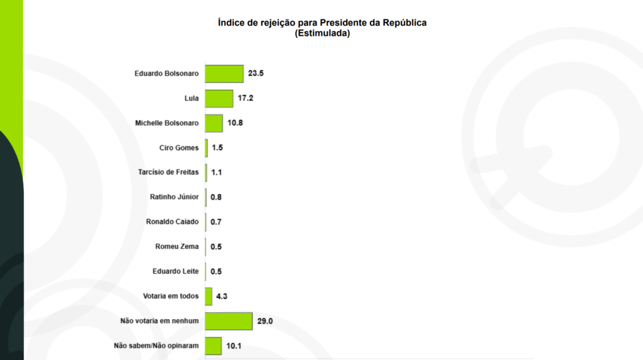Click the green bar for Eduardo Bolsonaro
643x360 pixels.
[224, 74]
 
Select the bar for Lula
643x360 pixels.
[219, 99]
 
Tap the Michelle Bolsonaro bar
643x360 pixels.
[214, 123]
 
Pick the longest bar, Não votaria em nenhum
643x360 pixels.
[229, 321]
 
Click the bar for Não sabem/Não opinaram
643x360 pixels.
[213, 346]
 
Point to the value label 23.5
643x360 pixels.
[256, 74]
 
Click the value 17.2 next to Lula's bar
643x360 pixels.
[246, 99]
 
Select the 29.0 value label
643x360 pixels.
[264, 321]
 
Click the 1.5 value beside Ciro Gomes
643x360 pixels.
[217, 148]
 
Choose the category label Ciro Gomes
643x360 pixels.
[179, 148]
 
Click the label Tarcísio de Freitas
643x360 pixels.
[168, 173]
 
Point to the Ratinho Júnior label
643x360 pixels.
[174, 197]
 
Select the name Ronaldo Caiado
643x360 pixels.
[172, 222]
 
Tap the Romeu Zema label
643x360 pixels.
[176, 247]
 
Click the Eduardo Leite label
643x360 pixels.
[175, 271]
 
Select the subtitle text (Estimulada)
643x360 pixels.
[322, 34]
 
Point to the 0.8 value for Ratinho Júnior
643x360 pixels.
[216, 197]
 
